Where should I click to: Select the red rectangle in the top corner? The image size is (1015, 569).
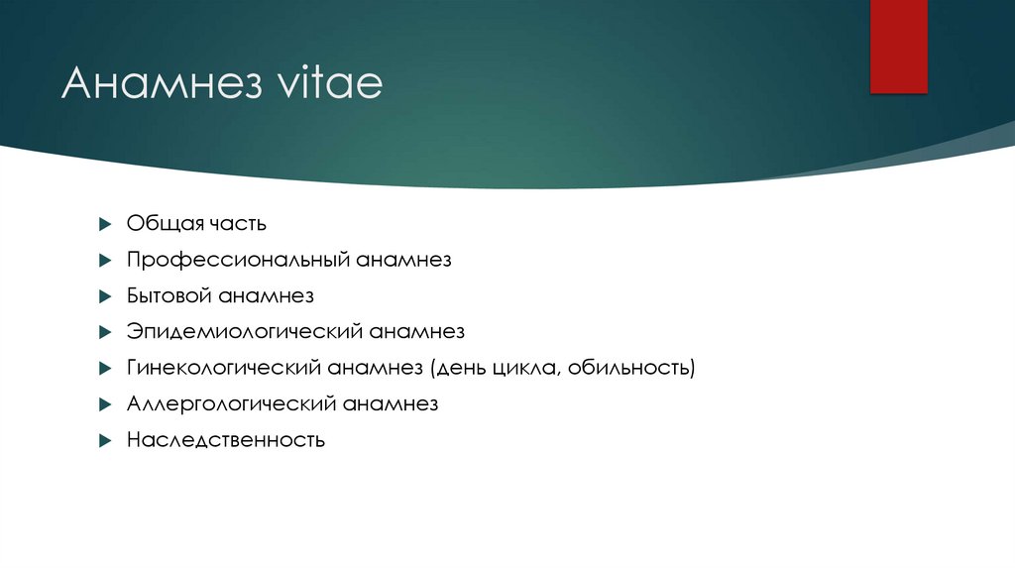click(x=898, y=47)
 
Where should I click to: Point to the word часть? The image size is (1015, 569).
click(x=236, y=223)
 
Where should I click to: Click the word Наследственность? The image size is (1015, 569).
click(x=226, y=439)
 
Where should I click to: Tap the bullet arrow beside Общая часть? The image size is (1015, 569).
click(x=105, y=224)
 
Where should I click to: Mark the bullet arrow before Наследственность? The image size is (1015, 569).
click(x=105, y=440)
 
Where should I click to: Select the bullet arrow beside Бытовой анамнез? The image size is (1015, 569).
click(x=105, y=296)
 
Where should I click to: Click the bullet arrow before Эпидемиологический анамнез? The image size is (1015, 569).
click(x=105, y=332)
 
